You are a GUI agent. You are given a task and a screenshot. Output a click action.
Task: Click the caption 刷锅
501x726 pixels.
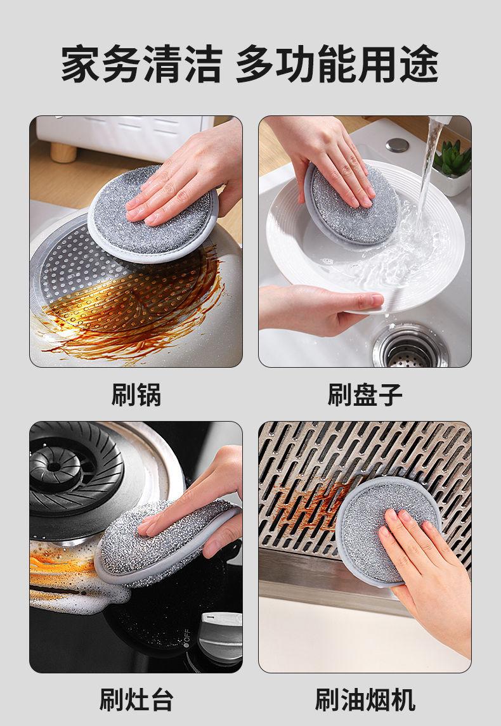point(136,395)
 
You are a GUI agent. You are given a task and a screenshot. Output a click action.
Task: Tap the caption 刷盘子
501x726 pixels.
point(365,395)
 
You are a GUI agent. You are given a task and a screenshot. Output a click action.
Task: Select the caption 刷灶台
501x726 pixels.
point(136,699)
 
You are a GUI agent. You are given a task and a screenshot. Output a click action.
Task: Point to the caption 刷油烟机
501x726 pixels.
point(365,699)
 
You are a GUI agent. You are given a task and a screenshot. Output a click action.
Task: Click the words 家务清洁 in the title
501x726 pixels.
point(141,64)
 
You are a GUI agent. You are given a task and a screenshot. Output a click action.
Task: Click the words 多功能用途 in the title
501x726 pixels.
point(337,64)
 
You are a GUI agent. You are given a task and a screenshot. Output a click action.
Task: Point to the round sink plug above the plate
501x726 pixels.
point(397,145)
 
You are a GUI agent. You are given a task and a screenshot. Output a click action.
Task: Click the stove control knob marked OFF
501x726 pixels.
point(221,637)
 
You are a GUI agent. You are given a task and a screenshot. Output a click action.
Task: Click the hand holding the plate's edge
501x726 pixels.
point(320,309)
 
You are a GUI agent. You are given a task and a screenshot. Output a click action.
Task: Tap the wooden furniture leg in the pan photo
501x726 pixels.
point(63,152)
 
